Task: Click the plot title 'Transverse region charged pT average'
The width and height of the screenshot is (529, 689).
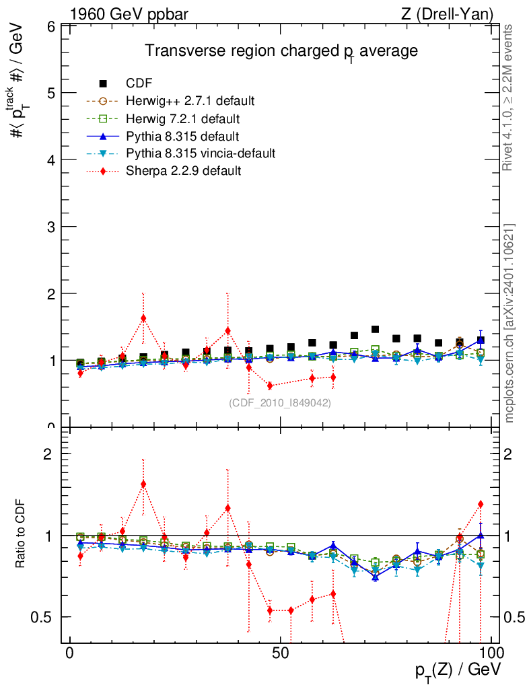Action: [x=282, y=51]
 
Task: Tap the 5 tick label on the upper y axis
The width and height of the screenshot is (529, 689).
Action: [x=50, y=93]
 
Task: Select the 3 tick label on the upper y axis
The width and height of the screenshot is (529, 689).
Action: [x=50, y=227]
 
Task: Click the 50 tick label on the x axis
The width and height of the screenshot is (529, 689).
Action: [x=281, y=653]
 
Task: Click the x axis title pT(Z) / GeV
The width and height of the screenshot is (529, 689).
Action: [x=458, y=671]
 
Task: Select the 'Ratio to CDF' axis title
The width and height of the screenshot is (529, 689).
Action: [x=21, y=535]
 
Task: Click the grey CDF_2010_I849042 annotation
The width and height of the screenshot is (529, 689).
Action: [x=280, y=402]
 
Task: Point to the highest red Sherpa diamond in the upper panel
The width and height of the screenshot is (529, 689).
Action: [x=143, y=318]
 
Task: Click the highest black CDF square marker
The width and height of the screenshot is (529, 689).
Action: [x=375, y=329]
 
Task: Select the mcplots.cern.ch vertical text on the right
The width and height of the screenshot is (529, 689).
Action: [x=509, y=323]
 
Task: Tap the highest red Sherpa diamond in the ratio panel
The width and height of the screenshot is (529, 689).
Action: [x=143, y=484]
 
